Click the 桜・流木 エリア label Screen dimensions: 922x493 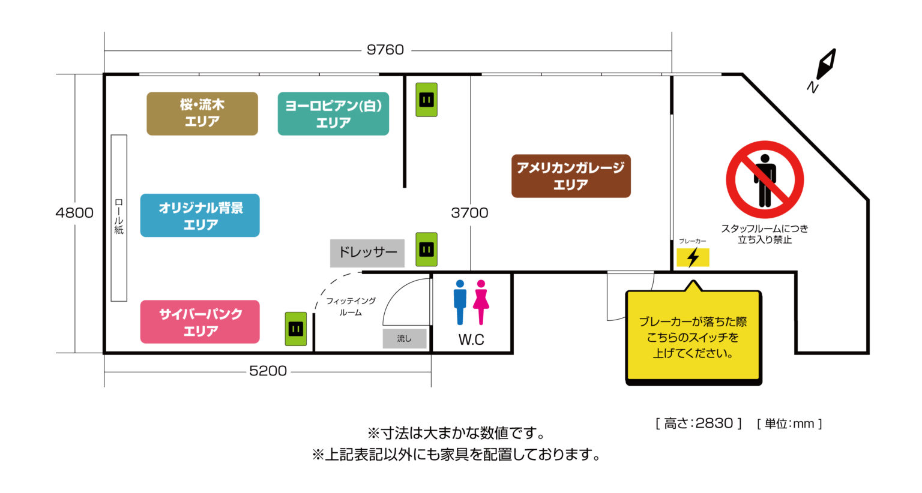tap(202, 113)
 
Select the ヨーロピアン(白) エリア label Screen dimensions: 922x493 tap(333, 113)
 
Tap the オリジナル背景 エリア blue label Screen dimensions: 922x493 tap(200, 215)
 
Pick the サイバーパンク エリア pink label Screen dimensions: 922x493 tap(200, 321)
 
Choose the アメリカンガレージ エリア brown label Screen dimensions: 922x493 tap(571, 176)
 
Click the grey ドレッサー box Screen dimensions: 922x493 tap(367, 253)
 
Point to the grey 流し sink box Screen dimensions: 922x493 tap(405, 338)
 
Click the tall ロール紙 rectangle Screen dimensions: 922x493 tap(119, 218)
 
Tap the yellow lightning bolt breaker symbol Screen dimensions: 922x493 tap(693, 257)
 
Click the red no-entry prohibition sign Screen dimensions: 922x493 tap(765, 180)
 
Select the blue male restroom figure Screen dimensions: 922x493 tap(460, 302)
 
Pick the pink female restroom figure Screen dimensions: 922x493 tap(481, 302)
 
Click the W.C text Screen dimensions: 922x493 tap(471, 339)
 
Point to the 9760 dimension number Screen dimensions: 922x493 tap(385, 50)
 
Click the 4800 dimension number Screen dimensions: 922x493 tap(74, 212)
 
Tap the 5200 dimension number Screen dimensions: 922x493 tap(268, 371)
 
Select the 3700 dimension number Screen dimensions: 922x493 tap(469, 212)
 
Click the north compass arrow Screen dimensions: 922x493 tap(826, 64)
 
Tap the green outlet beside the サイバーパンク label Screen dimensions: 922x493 tap(296, 329)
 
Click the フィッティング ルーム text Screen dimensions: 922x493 tap(351, 306)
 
